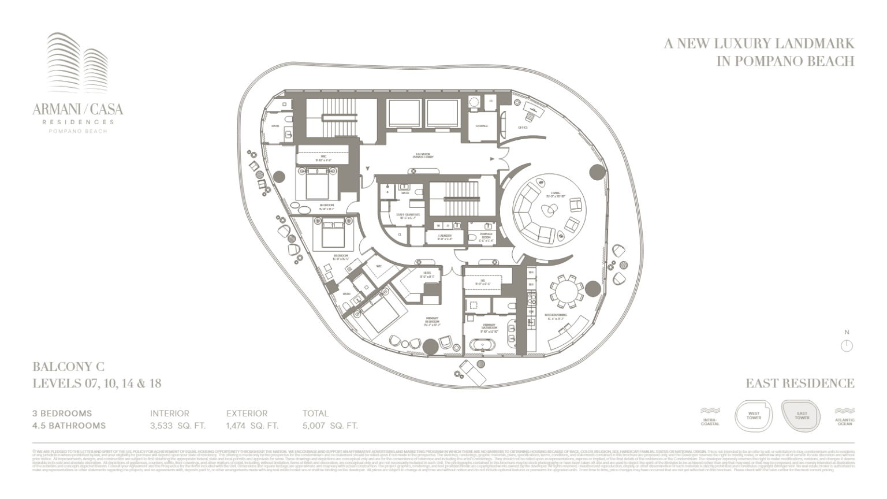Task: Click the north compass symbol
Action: tap(847, 345)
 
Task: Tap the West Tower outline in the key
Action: tap(754, 416)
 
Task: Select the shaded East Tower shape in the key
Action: tap(802, 416)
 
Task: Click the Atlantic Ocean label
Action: tap(844, 422)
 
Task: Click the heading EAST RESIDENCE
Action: tap(799, 383)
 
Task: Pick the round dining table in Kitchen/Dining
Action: tap(567, 292)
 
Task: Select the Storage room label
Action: tap(482, 126)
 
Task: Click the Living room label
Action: tap(555, 195)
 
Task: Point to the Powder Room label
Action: tap(486, 236)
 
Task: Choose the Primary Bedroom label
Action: tap(432, 321)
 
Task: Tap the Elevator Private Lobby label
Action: tap(423, 155)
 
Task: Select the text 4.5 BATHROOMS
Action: tap(69, 426)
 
